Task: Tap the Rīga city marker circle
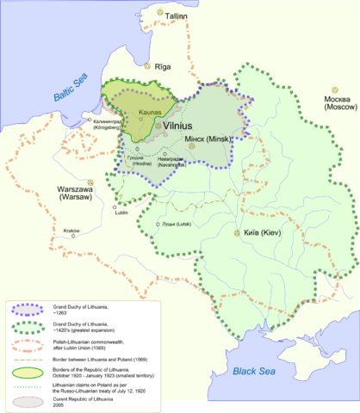point(147,66)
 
